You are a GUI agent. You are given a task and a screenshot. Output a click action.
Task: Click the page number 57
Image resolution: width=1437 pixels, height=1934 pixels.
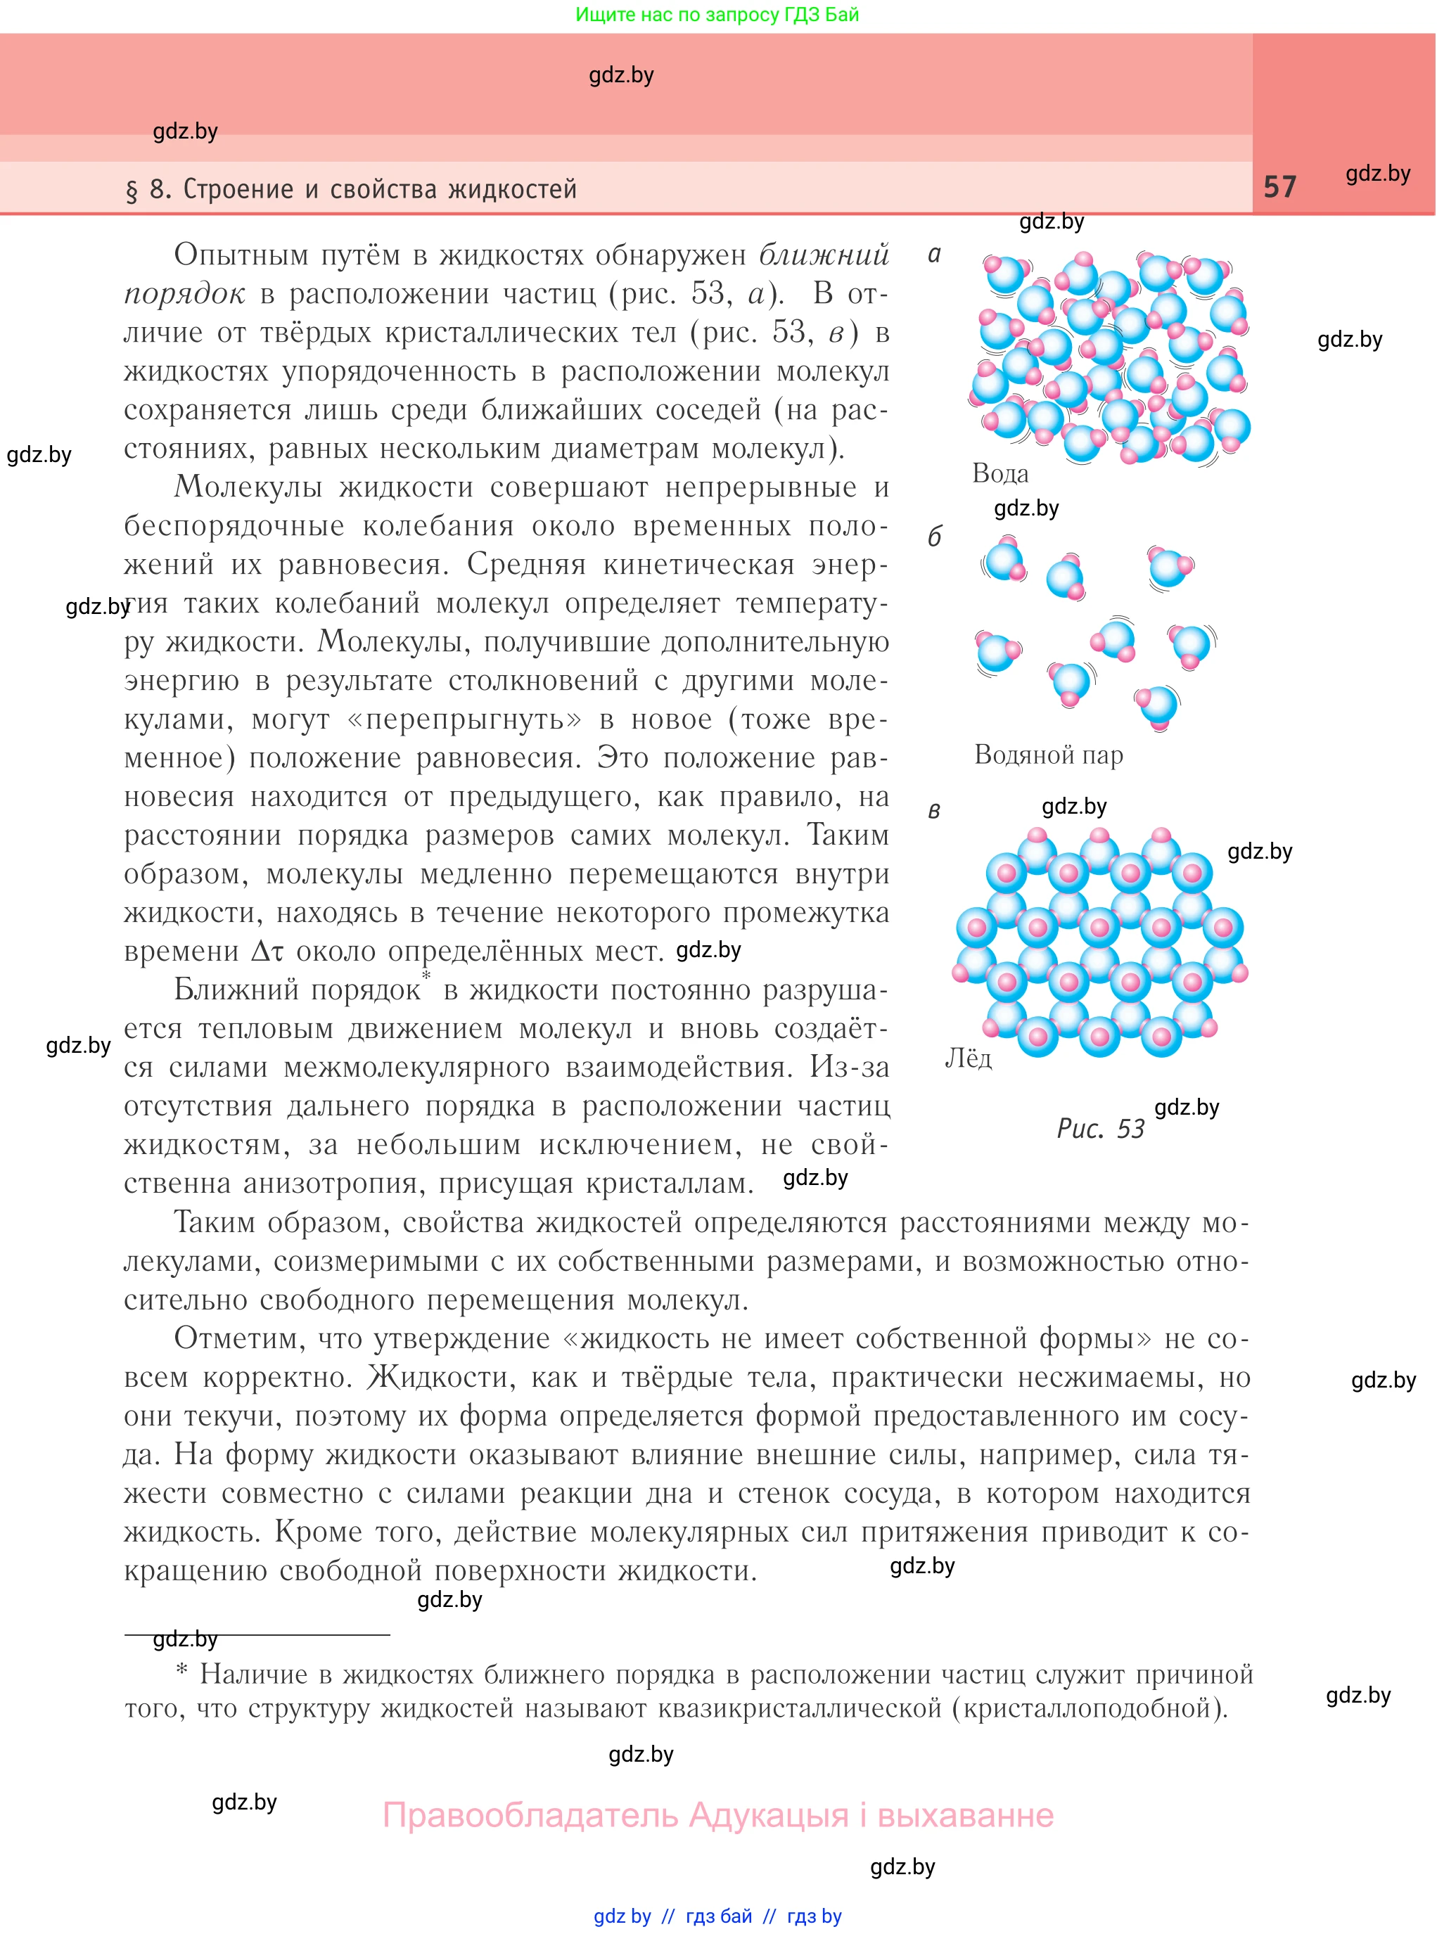tap(1279, 187)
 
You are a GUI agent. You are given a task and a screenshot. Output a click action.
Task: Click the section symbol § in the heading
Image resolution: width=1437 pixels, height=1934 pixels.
tap(132, 191)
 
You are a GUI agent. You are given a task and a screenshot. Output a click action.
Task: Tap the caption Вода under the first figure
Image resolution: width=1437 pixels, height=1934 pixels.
tap(999, 474)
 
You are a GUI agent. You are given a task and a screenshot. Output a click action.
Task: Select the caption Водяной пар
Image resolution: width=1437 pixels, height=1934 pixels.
tap(1048, 755)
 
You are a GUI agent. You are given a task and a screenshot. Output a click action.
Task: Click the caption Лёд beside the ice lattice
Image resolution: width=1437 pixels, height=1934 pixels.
tap(968, 1058)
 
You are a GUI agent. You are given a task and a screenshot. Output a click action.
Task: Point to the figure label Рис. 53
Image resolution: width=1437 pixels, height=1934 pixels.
tap(1100, 1129)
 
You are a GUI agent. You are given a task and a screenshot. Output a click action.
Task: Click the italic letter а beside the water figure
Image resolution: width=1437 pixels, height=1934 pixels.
tap(934, 255)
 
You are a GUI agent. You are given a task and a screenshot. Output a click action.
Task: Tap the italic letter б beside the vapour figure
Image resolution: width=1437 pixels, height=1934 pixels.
tap(934, 537)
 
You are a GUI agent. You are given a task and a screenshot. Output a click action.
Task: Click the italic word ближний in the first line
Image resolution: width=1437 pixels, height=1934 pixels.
tap(824, 255)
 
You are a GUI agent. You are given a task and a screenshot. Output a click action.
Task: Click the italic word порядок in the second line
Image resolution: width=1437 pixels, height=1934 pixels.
tap(184, 294)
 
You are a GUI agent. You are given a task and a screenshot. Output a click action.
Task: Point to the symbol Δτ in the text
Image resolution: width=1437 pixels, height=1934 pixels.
tap(268, 952)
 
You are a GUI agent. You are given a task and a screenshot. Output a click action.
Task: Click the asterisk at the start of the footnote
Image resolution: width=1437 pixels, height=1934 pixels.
tap(181, 1672)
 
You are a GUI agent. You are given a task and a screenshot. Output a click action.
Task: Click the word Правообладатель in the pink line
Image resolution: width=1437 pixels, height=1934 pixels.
tap(530, 1816)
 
